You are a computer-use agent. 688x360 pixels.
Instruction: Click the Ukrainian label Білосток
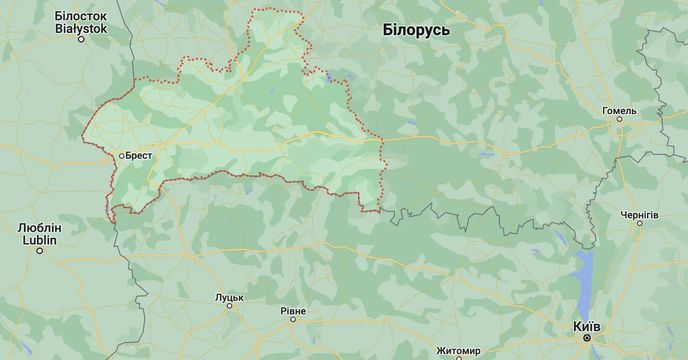coord(81,16)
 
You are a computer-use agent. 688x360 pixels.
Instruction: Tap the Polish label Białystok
coord(81,29)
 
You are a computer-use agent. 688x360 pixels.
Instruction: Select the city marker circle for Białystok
coord(81,39)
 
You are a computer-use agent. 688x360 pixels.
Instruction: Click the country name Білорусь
coord(416,30)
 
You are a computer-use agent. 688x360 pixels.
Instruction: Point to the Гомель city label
coord(619,111)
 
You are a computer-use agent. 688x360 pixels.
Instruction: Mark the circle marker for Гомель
coord(619,119)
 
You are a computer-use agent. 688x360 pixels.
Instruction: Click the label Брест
coord(139,156)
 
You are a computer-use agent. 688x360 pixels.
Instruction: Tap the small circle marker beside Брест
coord(122,156)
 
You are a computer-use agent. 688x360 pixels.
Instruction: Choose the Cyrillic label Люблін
coord(40,228)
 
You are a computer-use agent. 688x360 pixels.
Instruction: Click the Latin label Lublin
coord(40,240)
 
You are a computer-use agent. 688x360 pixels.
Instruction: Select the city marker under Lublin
coord(40,251)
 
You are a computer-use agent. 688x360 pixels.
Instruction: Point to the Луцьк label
coord(229,298)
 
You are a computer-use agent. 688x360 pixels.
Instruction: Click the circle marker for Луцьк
coord(229,306)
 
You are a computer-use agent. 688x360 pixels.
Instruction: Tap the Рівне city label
coord(293,311)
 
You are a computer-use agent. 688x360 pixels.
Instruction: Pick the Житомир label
coord(458,351)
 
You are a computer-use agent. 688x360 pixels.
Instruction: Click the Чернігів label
coord(639,215)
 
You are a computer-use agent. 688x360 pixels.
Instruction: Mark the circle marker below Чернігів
coord(639,223)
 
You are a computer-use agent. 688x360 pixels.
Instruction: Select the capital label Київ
coord(587,326)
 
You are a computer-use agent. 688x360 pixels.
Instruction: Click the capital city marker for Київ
coord(587,337)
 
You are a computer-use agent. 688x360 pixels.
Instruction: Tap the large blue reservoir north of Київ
coord(583,280)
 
